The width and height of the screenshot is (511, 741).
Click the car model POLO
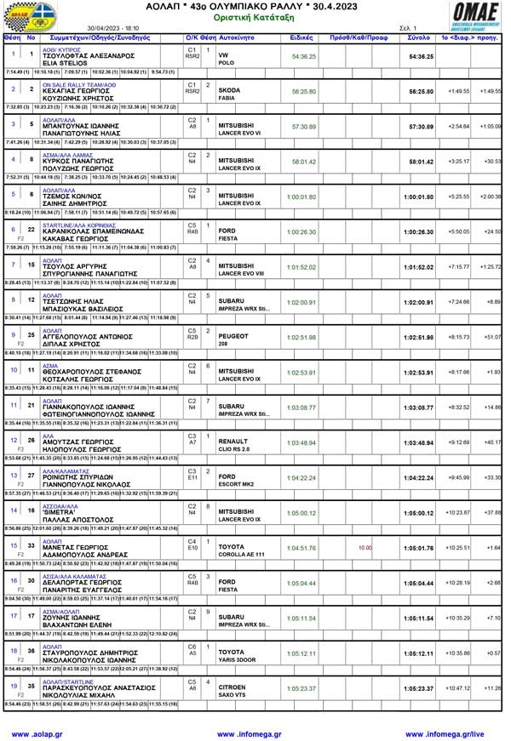point(227,63)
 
